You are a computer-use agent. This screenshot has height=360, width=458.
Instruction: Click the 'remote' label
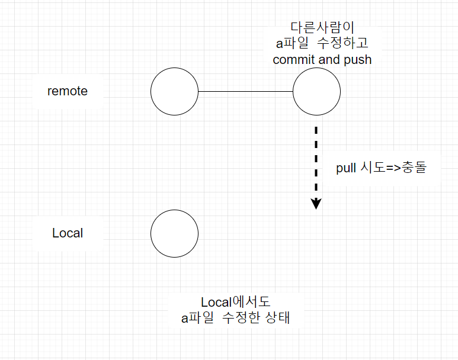click(x=68, y=91)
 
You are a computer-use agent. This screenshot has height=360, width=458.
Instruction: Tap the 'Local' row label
click(x=68, y=233)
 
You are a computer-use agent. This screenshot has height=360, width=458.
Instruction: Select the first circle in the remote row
click(x=174, y=92)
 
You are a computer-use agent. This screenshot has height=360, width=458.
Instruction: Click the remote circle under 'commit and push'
click(x=316, y=92)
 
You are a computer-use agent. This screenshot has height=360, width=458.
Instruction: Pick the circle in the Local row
click(x=174, y=233)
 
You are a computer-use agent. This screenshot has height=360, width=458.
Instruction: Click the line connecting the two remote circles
click(x=245, y=92)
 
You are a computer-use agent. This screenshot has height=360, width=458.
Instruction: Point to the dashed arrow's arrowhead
click(x=316, y=204)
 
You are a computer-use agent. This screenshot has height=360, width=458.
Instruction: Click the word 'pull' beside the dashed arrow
click(x=345, y=168)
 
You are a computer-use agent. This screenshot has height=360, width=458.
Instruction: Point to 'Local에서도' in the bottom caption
click(x=236, y=302)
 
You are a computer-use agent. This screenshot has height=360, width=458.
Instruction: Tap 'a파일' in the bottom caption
click(x=197, y=317)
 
